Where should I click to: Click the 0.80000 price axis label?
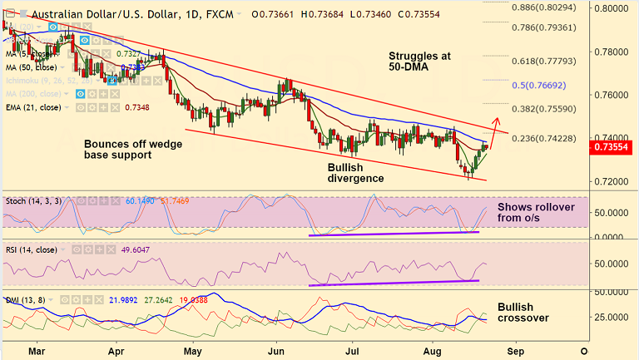(613, 7)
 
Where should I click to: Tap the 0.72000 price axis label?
(613, 181)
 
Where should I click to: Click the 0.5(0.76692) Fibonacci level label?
(544, 85)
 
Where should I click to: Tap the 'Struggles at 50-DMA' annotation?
(419, 62)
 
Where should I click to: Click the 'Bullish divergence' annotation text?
(355, 172)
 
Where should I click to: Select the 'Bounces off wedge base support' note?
(133, 149)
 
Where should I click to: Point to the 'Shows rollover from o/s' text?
(536, 213)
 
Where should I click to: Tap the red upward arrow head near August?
(497, 119)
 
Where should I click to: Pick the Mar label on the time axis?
(36, 350)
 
